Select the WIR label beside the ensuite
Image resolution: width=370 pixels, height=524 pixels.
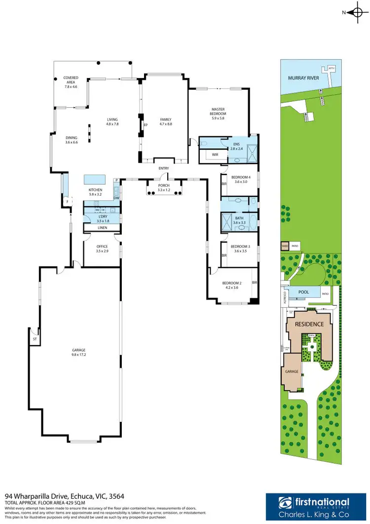pyautogui.click(x=215, y=155)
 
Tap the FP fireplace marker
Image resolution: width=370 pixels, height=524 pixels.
pyautogui.click(x=146, y=125)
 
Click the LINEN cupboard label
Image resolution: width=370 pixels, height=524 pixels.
pyautogui.click(x=102, y=228)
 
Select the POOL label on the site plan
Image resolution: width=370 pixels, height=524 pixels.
pyautogui.click(x=304, y=292)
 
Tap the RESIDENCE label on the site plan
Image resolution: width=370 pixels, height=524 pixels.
pyautogui.click(x=309, y=324)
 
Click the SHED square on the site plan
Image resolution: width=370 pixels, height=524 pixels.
pyautogui.click(x=284, y=245)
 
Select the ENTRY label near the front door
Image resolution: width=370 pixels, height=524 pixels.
pyautogui.click(x=164, y=168)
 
